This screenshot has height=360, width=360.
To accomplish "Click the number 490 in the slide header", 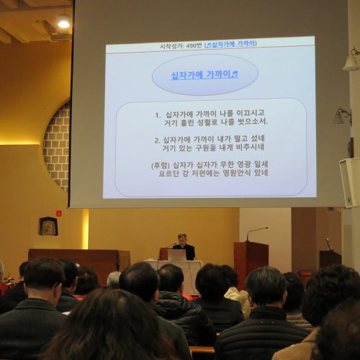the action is [x=191, y=45].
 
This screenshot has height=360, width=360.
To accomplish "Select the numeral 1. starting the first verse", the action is [x=158, y=115].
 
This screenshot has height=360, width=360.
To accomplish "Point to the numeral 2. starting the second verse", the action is [x=157, y=140].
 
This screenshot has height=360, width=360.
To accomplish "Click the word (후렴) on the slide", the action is [x=161, y=166].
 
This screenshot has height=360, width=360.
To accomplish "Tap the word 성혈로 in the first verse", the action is [x=207, y=122].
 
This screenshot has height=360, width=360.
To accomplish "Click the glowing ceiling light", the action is [x=64, y=24].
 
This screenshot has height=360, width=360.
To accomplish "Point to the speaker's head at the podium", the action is [x=182, y=238].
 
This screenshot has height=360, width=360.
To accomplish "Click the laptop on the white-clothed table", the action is [x=176, y=255].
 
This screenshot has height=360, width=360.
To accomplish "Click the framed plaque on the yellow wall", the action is [x=48, y=226].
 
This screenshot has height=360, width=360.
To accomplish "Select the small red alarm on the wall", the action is [x=58, y=213].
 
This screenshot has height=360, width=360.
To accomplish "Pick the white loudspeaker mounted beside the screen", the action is [x=350, y=182].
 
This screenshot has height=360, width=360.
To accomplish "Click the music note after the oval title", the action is [x=235, y=74].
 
